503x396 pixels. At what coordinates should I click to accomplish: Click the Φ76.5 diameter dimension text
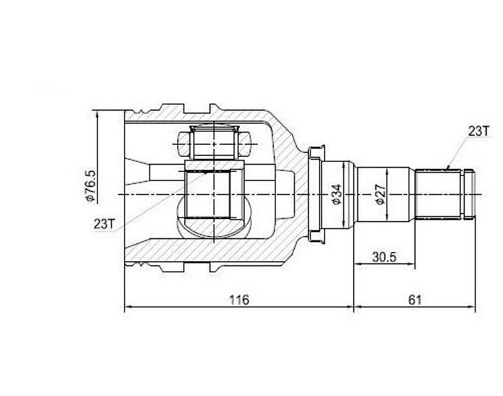pos(90,185)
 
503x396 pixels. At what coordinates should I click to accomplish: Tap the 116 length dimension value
pos(239,300)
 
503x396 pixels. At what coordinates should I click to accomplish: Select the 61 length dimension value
pos(414,300)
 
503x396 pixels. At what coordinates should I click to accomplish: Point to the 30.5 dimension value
pos(384,257)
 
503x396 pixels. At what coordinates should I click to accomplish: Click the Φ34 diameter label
pos(337,194)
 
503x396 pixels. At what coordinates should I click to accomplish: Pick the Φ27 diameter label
pos(380,194)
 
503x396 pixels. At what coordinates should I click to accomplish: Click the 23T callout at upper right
pos(479,131)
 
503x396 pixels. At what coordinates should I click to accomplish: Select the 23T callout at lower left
pos(104,224)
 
